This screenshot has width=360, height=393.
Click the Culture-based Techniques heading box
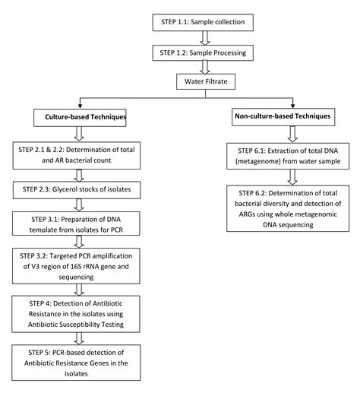pos(81,118)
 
